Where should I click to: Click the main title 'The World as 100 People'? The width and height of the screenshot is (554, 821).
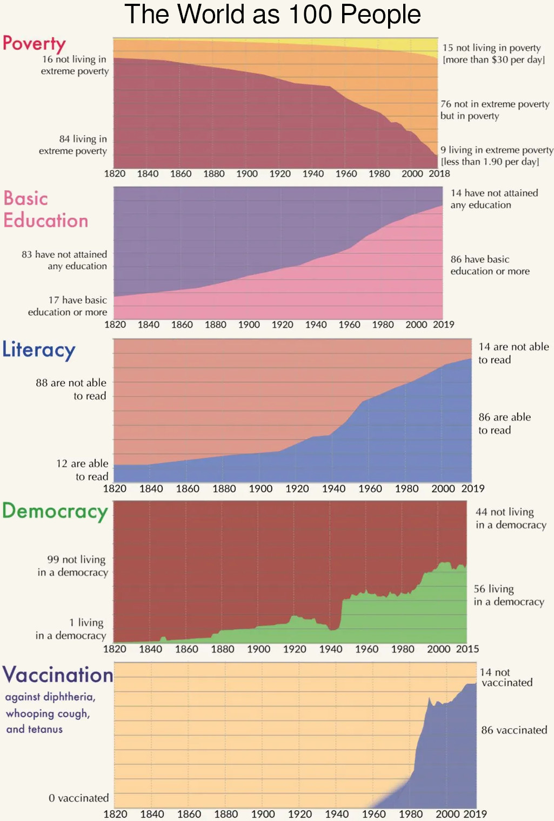[272, 15]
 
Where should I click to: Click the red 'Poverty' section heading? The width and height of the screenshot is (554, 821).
[34, 43]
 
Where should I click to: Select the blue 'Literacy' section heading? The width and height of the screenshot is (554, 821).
[38, 350]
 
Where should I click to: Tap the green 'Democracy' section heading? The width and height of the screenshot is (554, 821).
[55, 511]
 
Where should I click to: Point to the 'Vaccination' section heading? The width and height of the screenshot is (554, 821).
[58, 675]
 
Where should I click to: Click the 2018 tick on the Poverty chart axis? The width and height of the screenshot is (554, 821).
[439, 174]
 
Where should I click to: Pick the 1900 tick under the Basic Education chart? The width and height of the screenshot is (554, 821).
[249, 325]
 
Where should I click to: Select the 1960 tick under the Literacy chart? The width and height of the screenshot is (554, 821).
[370, 489]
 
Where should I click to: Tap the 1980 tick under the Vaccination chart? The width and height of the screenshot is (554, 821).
[410, 814]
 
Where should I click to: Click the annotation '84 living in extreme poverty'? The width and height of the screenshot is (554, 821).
[73, 145]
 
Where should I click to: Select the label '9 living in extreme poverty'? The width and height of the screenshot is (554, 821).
[496, 156]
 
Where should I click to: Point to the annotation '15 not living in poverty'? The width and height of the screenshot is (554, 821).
[493, 53]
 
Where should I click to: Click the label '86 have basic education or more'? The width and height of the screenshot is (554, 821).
[490, 265]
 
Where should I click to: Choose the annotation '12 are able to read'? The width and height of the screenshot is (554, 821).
[83, 470]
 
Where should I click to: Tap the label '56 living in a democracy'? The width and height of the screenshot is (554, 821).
[509, 595]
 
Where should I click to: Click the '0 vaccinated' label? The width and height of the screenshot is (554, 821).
[78, 798]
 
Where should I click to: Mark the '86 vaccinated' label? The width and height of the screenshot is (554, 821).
[514, 730]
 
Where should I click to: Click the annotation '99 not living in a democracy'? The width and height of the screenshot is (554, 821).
[73, 566]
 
